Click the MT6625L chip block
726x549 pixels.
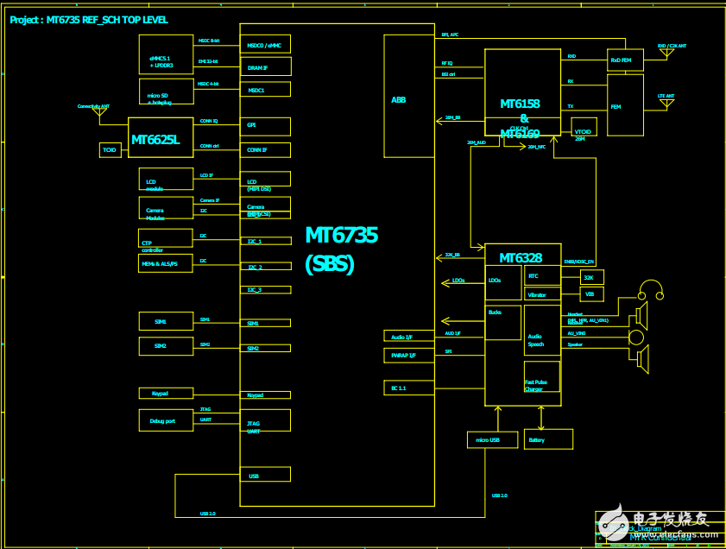click(x=161, y=138)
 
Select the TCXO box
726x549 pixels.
click(x=110, y=150)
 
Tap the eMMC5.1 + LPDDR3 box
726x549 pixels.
click(x=166, y=54)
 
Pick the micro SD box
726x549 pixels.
click(x=166, y=91)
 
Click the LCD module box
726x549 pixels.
click(x=166, y=179)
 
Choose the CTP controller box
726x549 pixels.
click(x=166, y=238)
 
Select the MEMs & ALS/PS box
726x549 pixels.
click(x=166, y=263)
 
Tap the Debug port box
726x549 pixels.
click(x=166, y=420)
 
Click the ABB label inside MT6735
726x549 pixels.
click(x=398, y=100)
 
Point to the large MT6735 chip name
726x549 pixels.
click(x=341, y=235)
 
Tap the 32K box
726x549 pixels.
click(x=590, y=277)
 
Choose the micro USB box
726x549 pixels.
click(x=489, y=439)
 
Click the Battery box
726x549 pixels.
click(x=548, y=439)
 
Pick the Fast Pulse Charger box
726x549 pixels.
click(x=541, y=377)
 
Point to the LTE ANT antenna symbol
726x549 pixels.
click(x=666, y=104)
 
